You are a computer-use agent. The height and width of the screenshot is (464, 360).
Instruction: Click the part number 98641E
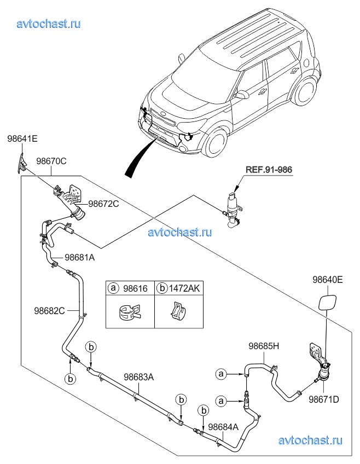[x=22, y=139]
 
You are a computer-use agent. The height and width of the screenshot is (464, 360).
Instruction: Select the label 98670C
[x=51, y=161]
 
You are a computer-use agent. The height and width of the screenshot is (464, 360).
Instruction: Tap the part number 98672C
[x=104, y=204]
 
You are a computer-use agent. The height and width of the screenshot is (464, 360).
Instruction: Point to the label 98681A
[x=80, y=257]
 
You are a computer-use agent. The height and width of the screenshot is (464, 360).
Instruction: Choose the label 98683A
[x=138, y=376]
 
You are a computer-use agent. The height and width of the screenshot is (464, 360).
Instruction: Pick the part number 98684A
[x=224, y=426]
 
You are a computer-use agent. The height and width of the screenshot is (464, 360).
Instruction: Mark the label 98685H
[x=264, y=346]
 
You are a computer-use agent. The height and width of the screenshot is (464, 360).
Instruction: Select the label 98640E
[x=328, y=280]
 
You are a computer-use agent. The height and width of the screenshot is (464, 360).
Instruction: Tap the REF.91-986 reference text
[x=269, y=170]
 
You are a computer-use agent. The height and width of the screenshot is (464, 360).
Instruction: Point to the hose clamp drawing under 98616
[x=130, y=313]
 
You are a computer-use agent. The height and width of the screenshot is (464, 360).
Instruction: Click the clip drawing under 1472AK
[x=176, y=312]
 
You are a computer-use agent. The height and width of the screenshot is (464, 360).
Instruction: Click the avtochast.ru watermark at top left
[x=49, y=24]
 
